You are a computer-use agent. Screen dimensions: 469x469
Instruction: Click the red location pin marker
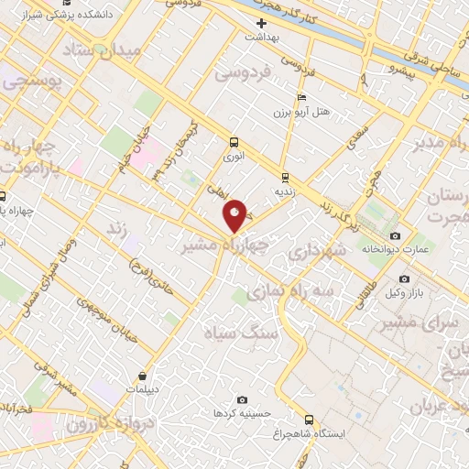(x=236, y=216)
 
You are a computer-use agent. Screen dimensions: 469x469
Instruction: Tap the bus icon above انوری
(x=234, y=143)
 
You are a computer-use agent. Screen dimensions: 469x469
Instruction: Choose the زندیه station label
(x=285, y=192)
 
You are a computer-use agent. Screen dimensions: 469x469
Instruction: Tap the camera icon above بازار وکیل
(x=404, y=278)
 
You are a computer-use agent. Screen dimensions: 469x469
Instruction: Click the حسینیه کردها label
(x=242, y=413)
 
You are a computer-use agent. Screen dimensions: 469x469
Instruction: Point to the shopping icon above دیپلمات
(x=142, y=376)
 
